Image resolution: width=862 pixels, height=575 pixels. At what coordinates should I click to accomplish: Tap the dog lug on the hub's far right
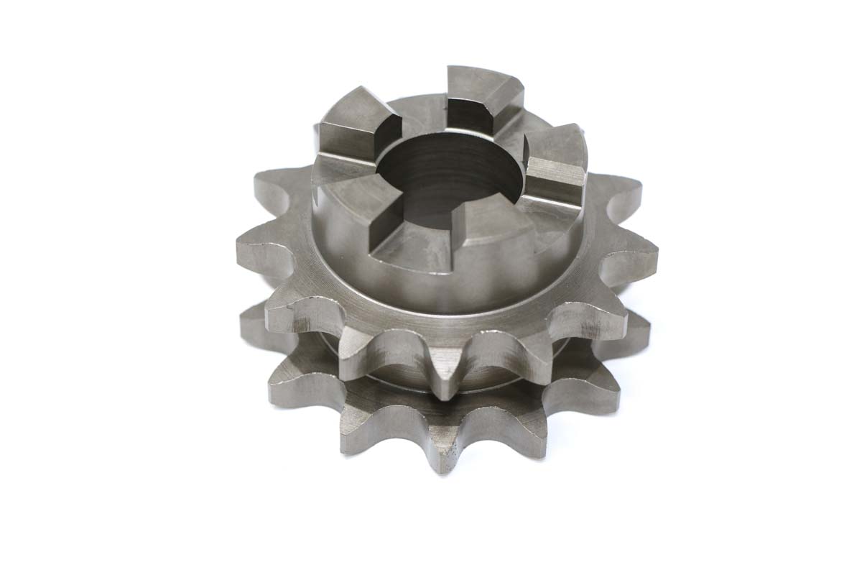click(x=557, y=162)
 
